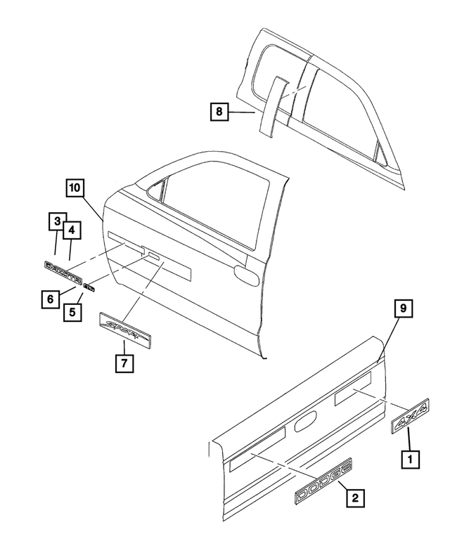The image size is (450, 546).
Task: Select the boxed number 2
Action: (x=354, y=498)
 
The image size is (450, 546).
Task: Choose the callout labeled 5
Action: (x=72, y=310)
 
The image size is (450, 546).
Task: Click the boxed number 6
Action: (x=49, y=299)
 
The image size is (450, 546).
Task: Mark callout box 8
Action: (x=219, y=111)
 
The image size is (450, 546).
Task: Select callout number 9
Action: (x=403, y=308)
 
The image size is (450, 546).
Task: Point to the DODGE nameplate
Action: (x=322, y=481)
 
